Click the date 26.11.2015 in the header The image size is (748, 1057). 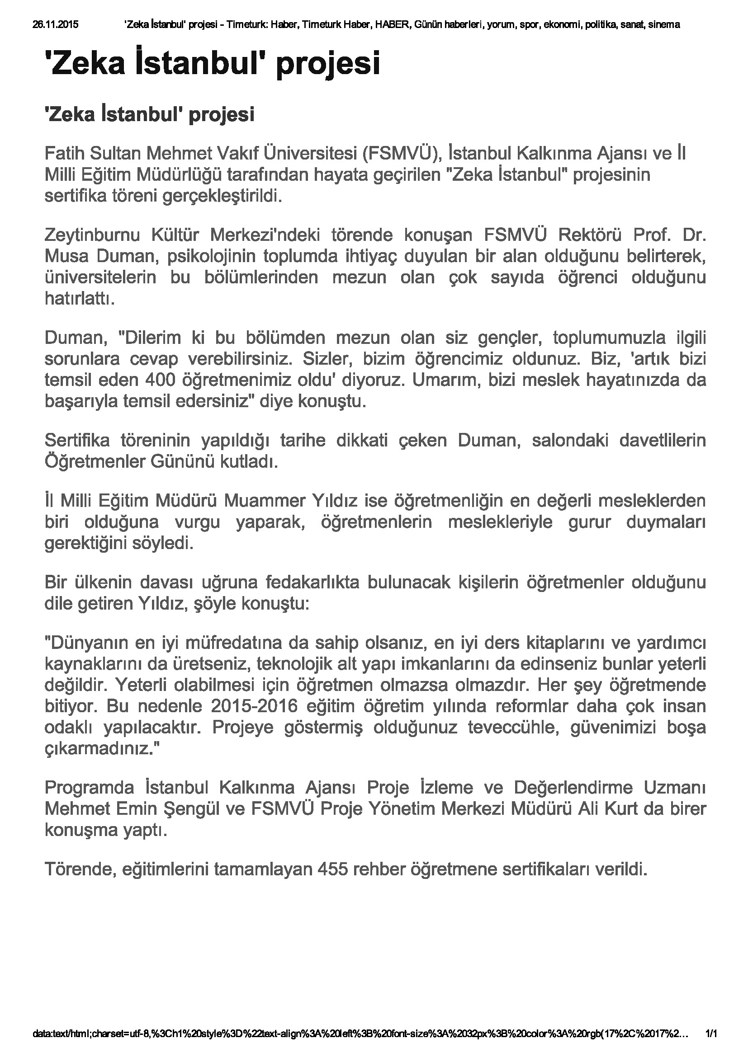click(x=55, y=25)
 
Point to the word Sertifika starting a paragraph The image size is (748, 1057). click(x=77, y=441)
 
